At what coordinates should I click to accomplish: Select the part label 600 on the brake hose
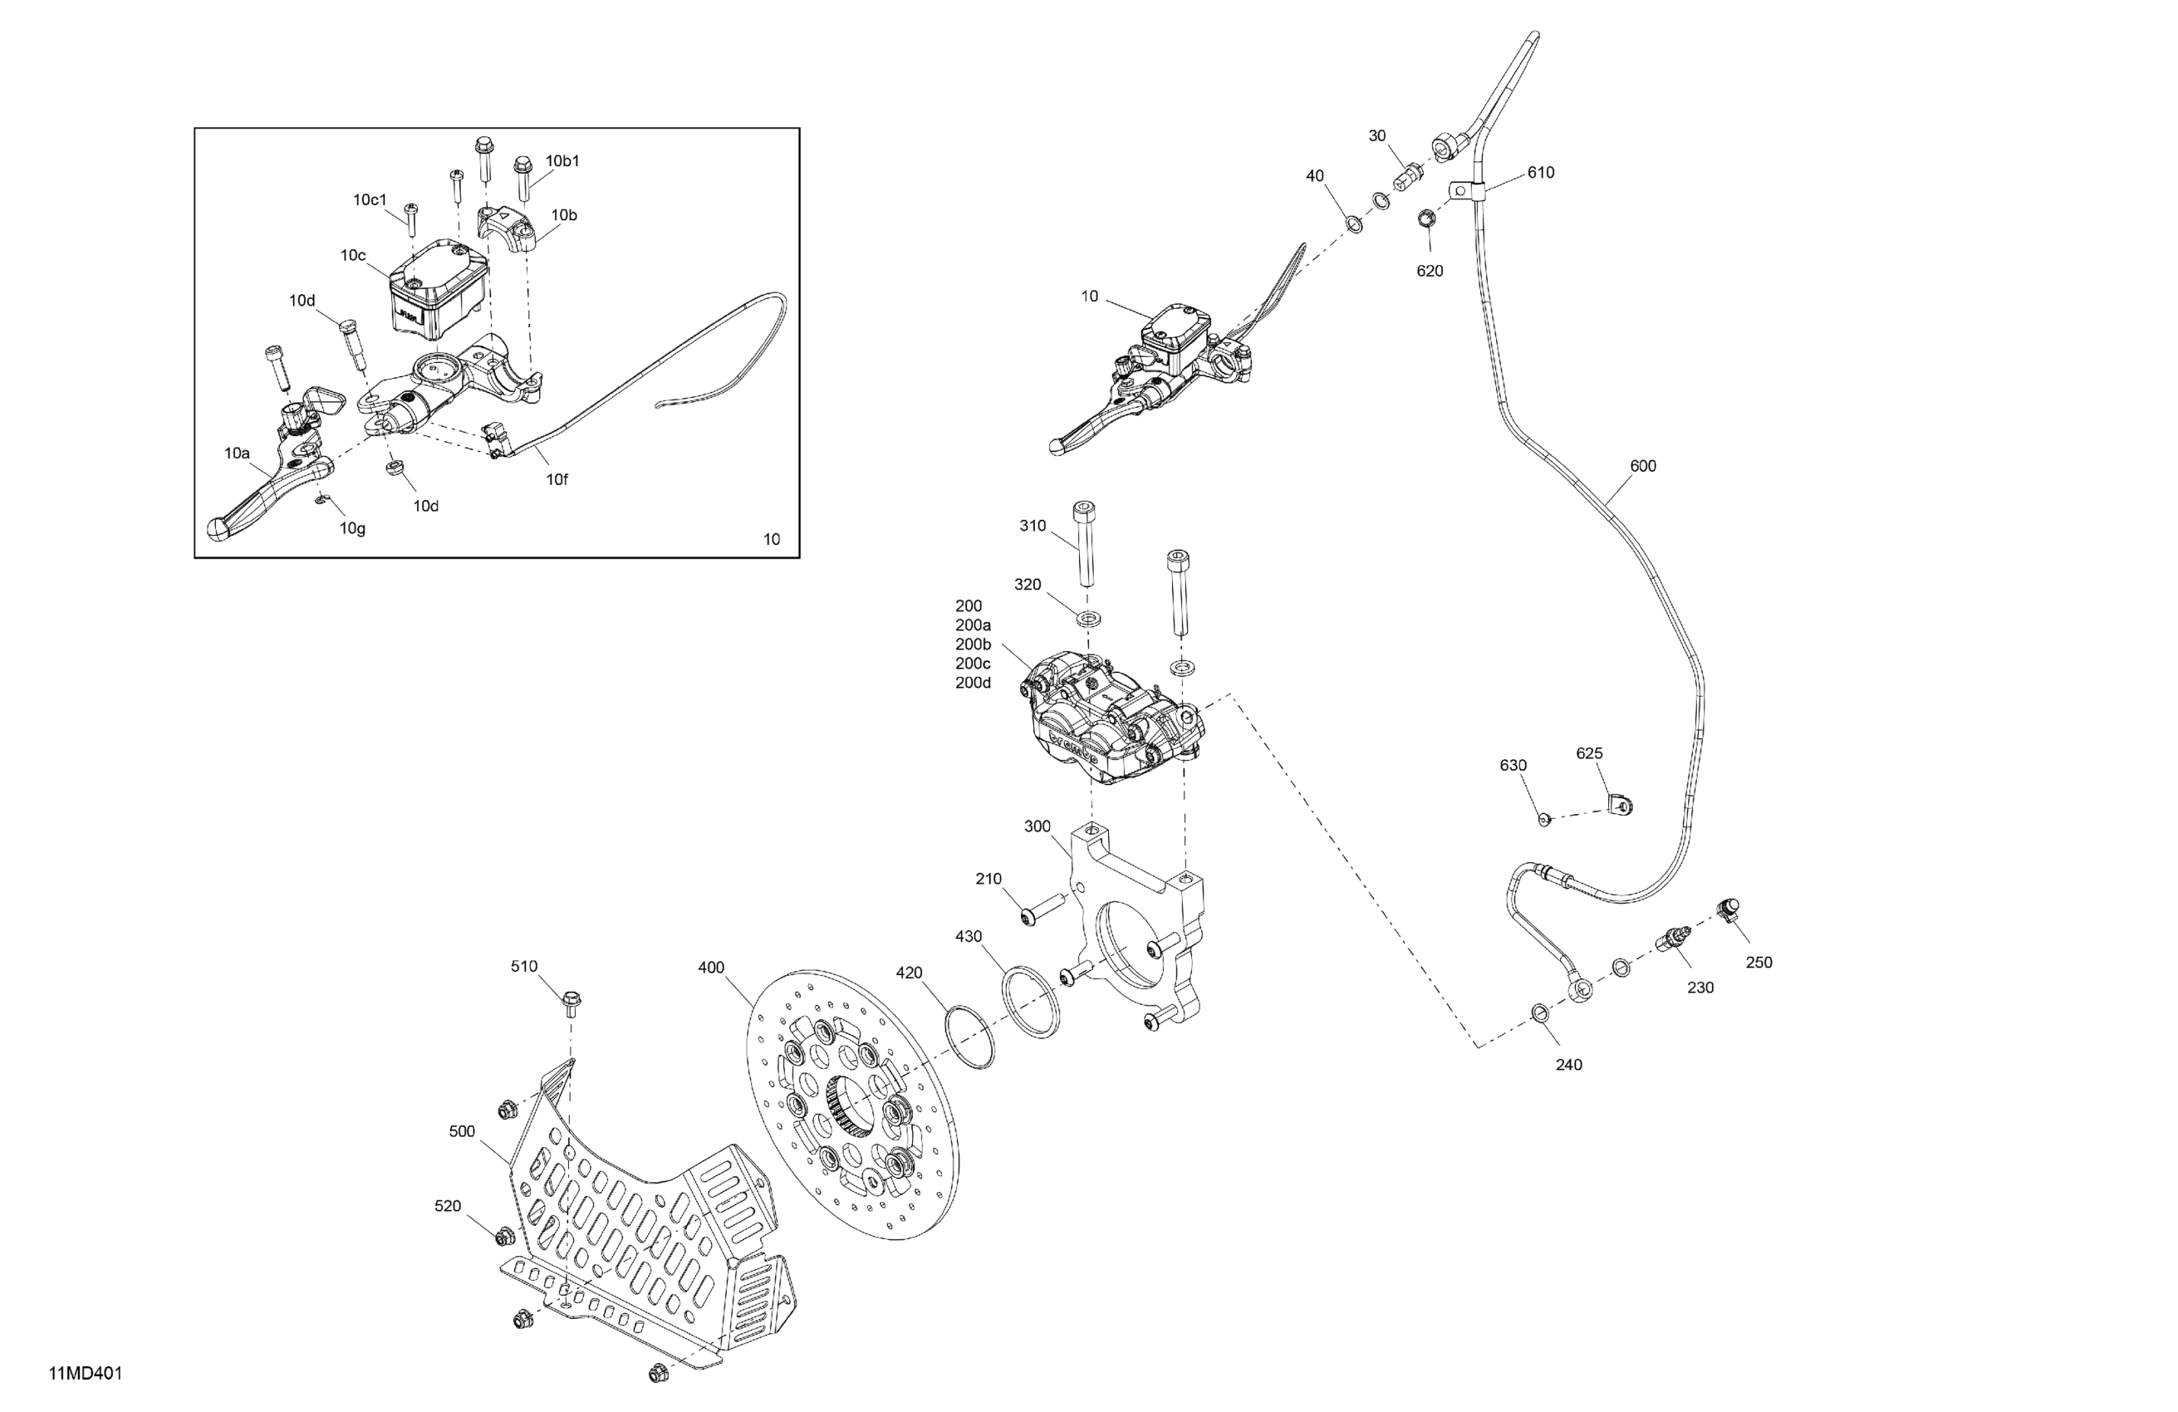coord(1643,466)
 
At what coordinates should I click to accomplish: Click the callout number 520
coord(448,1206)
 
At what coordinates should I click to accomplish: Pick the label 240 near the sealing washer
coord(1568,1064)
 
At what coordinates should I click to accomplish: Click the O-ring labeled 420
coord(969,1037)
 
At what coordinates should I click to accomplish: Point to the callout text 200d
coord(973,683)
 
